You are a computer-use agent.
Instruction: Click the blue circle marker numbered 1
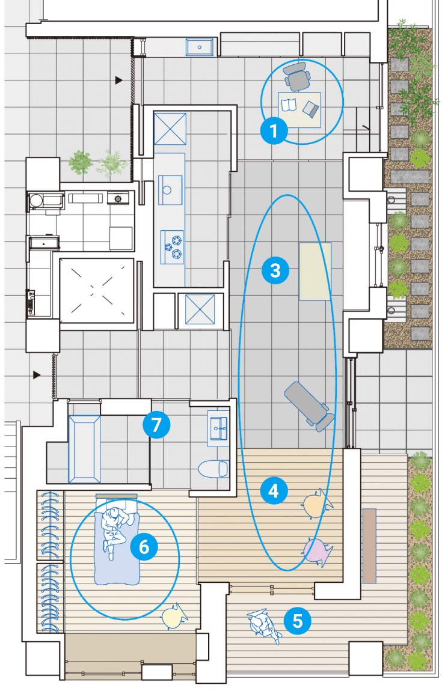coord(274,131)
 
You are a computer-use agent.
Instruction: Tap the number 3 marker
coord(275,270)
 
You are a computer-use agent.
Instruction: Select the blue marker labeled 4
coord(274,491)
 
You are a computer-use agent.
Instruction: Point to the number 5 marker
coord(297,621)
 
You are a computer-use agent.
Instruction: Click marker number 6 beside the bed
coord(144,546)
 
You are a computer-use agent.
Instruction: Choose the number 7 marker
coord(156,425)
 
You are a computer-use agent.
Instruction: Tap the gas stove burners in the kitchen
coord(172,247)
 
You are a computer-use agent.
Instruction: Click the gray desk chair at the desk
coord(297,76)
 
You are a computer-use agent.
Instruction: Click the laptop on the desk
coord(311,109)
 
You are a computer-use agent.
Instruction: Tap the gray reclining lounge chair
coord(308,406)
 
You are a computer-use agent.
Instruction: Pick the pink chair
coord(318,551)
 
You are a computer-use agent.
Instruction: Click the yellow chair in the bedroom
coord(174,616)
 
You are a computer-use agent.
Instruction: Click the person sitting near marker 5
coord(265,625)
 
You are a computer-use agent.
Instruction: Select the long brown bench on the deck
coord(369,546)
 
